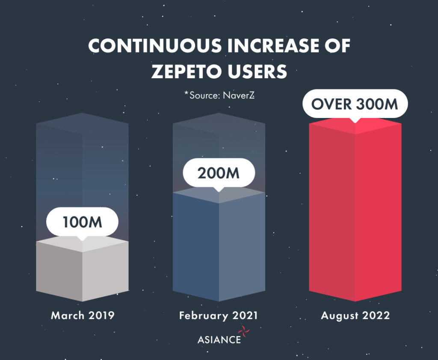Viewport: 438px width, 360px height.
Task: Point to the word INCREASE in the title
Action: (273, 46)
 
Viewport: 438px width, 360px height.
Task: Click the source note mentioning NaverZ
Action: (219, 95)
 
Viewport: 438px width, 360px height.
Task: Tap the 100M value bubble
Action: (83, 222)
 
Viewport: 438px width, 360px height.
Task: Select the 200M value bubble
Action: (219, 173)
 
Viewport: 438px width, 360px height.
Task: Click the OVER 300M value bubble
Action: (355, 104)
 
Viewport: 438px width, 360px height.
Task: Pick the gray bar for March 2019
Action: (83, 274)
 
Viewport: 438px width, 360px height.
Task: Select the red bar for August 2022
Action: (355, 214)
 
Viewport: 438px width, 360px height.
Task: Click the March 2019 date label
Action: (83, 316)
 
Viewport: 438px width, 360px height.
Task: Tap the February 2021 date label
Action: (219, 316)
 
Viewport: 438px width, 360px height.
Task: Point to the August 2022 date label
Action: (355, 316)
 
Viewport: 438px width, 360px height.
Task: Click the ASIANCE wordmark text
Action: (219, 340)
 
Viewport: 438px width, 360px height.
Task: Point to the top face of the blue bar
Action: (219, 195)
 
